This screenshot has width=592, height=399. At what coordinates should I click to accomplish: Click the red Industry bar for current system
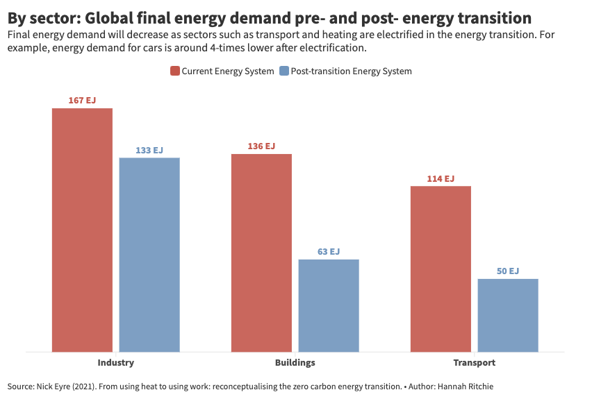[82, 230]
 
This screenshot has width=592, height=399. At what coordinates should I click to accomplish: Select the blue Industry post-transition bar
[149, 255]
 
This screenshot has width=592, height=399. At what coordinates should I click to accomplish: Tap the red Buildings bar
[261, 253]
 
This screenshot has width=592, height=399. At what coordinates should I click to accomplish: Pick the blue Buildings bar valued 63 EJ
[329, 305]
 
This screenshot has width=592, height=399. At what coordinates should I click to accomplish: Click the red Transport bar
[441, 269]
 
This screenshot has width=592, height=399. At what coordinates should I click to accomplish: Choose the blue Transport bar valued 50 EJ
[508, 315]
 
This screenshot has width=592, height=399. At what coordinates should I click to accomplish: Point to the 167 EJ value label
[82, 101]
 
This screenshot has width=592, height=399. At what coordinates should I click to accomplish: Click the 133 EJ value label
[149, 151]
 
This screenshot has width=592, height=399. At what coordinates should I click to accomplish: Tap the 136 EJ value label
[261, 146]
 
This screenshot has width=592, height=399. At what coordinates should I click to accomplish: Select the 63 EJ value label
[329, 252]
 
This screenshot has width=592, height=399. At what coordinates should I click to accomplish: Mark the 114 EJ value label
[441, 179]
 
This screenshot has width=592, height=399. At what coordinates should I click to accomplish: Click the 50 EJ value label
[508, 271]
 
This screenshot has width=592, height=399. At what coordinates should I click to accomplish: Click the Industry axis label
[116, 363]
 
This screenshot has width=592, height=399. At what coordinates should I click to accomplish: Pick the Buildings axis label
[295, 363]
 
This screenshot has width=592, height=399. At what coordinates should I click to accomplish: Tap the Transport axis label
[475, 363]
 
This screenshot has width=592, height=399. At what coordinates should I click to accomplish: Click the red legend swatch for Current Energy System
[175, 71]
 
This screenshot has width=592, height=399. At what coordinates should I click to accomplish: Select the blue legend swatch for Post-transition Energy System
[283, 71]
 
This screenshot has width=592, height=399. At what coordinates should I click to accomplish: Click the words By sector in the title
[41, 18]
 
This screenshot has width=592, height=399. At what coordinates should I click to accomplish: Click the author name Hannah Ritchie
[466, 386]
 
